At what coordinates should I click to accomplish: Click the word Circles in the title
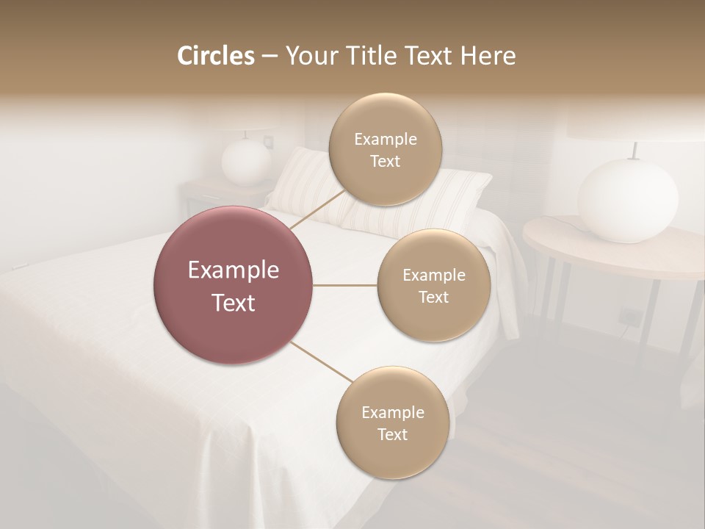pos(215,56)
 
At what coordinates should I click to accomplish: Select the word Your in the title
pos(310,56)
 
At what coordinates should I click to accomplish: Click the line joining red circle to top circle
pos(318,208)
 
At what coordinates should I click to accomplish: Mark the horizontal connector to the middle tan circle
pos(345,285)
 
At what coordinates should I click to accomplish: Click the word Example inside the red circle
pos(234,270)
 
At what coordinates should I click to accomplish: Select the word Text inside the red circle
pos(234,303)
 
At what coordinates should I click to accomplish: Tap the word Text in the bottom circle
pos(392,434)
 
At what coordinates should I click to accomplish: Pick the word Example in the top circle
pos(386,139)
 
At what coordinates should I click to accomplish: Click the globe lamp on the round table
pos(627,200)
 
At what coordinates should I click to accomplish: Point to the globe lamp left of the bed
pos(246,162)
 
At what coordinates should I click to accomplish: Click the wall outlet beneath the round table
pos(629,317)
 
